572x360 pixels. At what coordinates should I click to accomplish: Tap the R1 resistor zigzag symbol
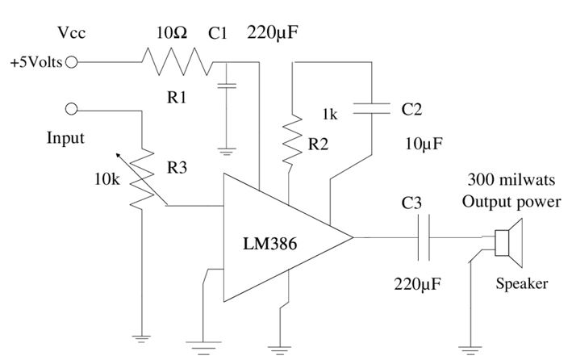pyautogui.click(x=176, y=61)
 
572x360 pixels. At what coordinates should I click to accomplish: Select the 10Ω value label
pyautogui.click(x=170, y=34)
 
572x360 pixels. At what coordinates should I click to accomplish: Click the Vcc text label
pyautogui.click(x=72, y=33)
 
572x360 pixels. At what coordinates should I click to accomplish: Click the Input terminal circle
pyautogui.click(x=71, y=109)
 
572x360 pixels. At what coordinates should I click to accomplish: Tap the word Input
pyautogui.click(x=65, y=138)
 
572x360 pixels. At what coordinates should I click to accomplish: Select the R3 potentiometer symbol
pyautogui.click(x=142, y=174)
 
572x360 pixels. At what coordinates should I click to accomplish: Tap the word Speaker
pyautogui.click(x=521, y=283)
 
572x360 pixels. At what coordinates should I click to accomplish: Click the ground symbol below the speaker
pyautogui.click(x=468, y=349)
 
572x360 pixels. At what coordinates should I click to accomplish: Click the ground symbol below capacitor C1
pyautogui.click(x=227, y=149)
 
